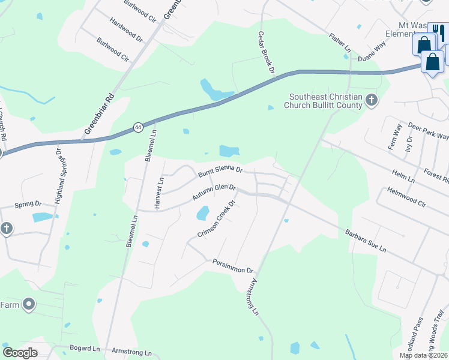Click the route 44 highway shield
(138, 127)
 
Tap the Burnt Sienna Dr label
(220, 172)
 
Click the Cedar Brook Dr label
(266, 53)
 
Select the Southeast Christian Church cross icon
(372, 100)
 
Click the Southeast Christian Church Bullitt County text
(326, 101)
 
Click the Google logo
(20, 353)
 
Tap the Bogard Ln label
(84, 348)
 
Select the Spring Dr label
(27, 204)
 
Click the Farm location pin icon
(29, 305)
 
